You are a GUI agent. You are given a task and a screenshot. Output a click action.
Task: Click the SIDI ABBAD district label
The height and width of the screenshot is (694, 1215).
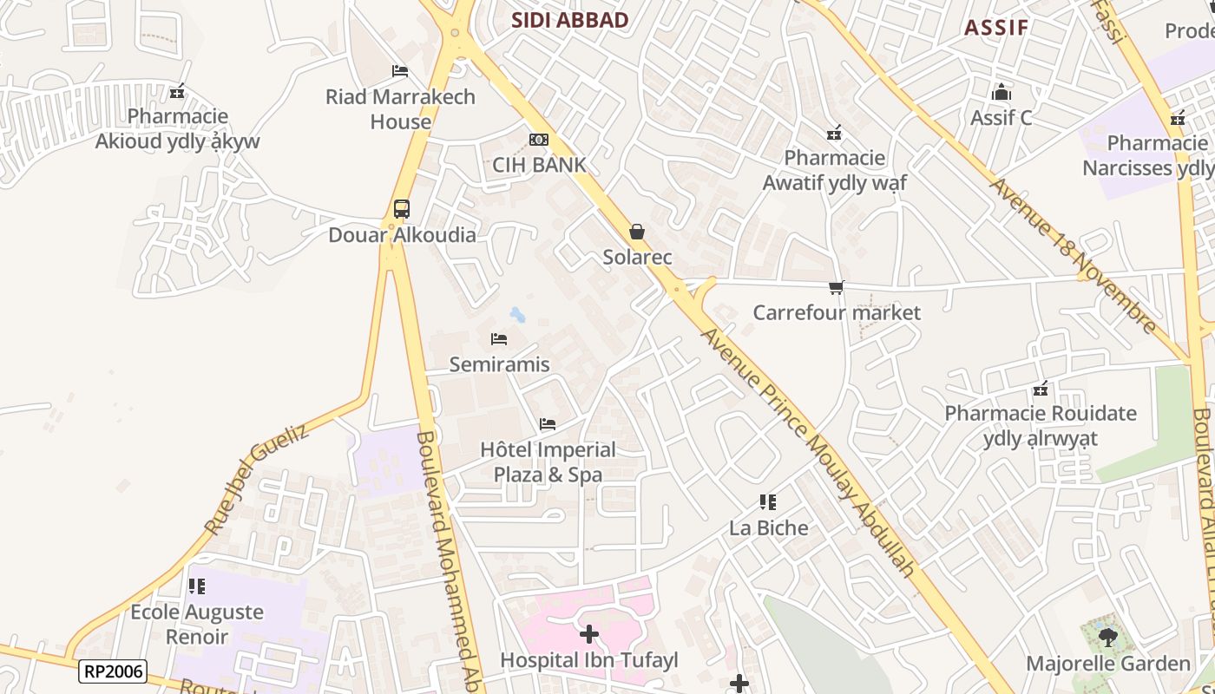coord(569,20)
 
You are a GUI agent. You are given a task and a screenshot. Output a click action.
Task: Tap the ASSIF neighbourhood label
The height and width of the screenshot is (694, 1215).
coord(996,27)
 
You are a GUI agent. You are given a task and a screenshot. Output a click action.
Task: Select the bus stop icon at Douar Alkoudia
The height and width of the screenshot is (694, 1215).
coord(401,209)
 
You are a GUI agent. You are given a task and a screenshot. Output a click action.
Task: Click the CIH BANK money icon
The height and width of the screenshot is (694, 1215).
coord(539,140)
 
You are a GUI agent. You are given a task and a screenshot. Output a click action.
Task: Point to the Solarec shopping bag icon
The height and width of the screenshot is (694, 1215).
coord(637,232)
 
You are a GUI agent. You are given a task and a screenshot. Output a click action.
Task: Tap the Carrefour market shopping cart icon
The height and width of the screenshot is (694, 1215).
coord(837,287)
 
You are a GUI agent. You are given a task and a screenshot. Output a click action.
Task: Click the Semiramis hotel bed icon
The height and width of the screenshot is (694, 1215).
coord(499,339)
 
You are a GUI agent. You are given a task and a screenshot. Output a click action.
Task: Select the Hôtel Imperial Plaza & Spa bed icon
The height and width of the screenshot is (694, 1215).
coord(548,424)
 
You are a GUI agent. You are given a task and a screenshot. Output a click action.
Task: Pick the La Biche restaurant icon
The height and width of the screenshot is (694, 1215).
coord(768,502)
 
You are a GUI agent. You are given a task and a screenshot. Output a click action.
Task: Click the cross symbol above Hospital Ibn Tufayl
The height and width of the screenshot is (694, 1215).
coord(589,634)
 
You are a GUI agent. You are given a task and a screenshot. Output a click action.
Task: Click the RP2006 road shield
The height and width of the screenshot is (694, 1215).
coord(113,671)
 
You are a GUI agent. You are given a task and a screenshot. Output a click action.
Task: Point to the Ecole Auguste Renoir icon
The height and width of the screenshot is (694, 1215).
coord(197,586)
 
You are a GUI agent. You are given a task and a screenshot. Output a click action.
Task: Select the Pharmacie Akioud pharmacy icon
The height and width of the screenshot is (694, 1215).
coord(178,91)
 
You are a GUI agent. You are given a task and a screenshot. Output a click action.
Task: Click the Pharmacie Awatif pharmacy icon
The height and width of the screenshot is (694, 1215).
coord(834,133)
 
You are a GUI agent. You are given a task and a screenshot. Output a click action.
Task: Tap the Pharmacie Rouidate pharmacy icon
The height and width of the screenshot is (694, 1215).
coord(1041,388)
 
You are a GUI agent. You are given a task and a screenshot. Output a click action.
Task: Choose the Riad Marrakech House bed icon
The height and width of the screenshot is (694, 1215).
coord(400,71)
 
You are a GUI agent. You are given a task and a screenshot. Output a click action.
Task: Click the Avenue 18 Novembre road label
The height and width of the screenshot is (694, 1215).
coord(1074,256)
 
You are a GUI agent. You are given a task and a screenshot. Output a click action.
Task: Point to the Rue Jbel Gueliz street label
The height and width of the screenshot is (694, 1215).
coord(256,479)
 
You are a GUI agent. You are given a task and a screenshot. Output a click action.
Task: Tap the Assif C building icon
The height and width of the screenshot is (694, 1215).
coord(1002,92)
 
